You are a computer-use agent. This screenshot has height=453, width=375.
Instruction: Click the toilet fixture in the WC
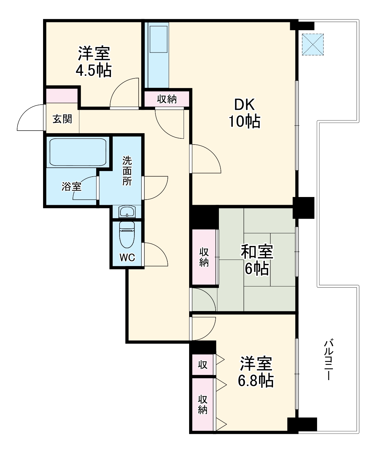click(127, 234)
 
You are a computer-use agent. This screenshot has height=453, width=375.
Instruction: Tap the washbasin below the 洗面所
click(127, 212)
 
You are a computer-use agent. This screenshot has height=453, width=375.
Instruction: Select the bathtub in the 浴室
click(78, 152)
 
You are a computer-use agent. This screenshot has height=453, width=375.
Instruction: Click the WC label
click(127, 258)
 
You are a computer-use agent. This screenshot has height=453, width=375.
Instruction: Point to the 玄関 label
click(62, 119)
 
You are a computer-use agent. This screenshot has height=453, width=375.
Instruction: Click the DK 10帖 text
click(244, 113)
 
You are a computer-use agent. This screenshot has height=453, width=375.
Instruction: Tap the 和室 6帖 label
click(257, 260)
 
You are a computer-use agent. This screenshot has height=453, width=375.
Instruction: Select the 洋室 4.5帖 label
click(94, 62)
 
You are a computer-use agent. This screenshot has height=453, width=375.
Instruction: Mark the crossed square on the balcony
click(313, 44)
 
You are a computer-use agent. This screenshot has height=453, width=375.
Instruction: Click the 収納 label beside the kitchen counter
click(167, 99)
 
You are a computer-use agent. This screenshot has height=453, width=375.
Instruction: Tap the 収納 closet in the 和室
click(204, 257)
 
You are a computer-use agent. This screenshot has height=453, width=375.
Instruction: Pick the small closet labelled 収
click(203, 365)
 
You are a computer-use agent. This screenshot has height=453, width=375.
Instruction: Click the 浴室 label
click(71, 187)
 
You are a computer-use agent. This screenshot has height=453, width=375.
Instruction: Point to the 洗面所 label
click(127, 171)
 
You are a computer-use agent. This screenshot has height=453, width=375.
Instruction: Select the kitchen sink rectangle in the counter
click(159, 39)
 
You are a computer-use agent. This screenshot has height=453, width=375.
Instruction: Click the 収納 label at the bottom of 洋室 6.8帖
click(203, 405)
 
